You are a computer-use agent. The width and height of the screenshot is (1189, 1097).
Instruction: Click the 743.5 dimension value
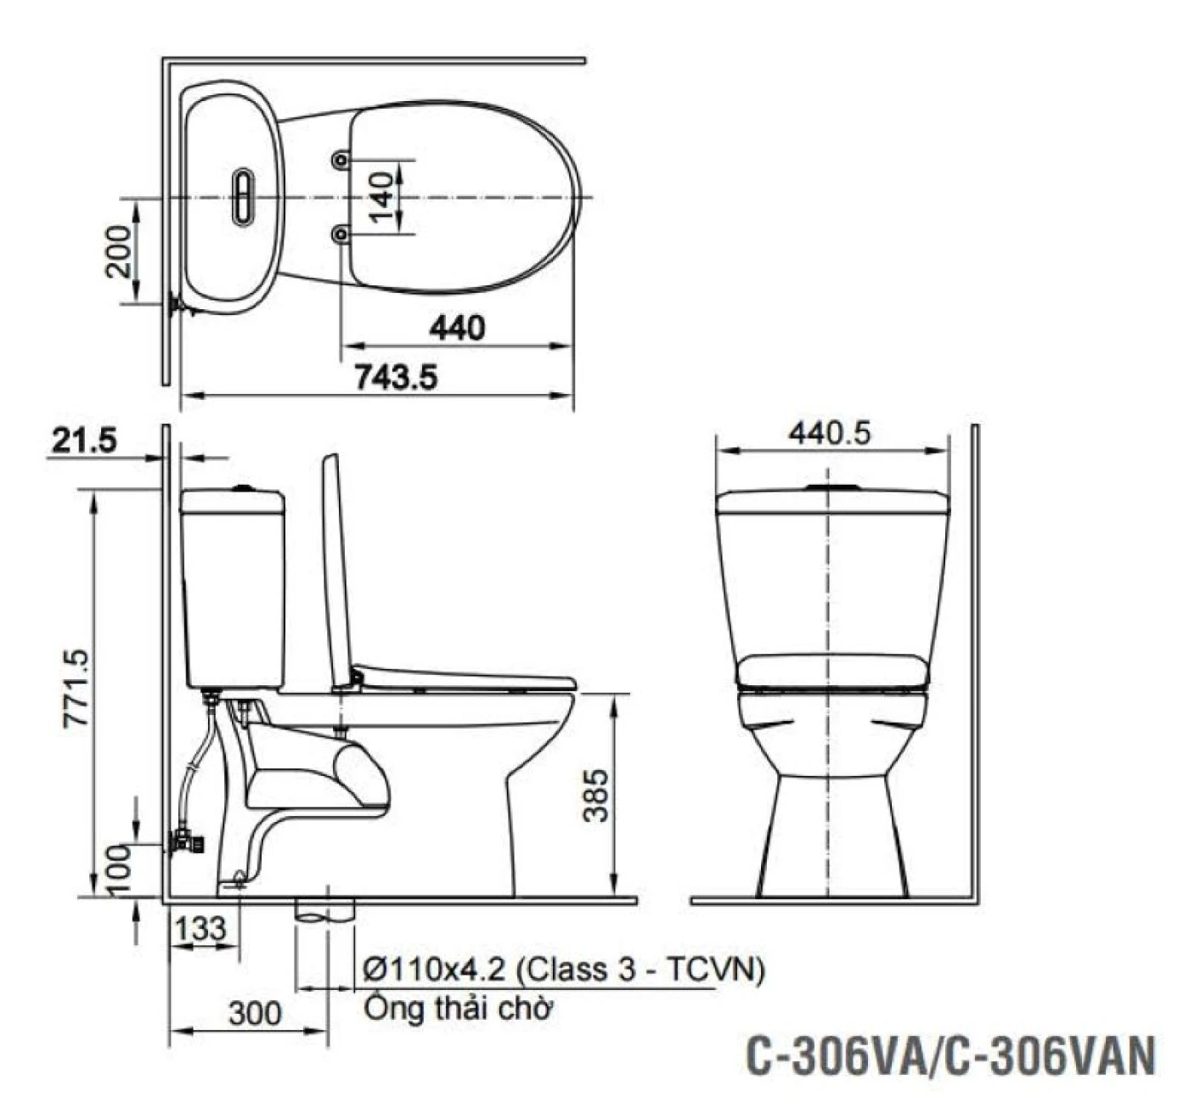(x=395, y=376)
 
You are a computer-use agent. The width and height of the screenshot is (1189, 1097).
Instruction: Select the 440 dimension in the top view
(x=457, y=327)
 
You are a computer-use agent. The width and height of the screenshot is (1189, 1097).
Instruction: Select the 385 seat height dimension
(x=598, y=795)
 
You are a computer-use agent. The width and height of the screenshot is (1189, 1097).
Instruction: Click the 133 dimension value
(x=201, y=927)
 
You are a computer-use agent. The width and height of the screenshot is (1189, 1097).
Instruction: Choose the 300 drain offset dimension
(x=254, y=1012)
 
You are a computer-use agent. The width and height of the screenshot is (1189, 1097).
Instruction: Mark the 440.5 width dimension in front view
(x=830, y=434)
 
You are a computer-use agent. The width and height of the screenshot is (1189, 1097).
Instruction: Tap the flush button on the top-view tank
(x=242, y=195)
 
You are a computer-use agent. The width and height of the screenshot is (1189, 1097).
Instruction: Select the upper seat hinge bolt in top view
(x=341, y=160)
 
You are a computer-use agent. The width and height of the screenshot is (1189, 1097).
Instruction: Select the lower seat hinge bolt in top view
(x=341, y=232)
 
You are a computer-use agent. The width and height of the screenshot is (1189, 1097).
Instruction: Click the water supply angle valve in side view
(x=189, y=843)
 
